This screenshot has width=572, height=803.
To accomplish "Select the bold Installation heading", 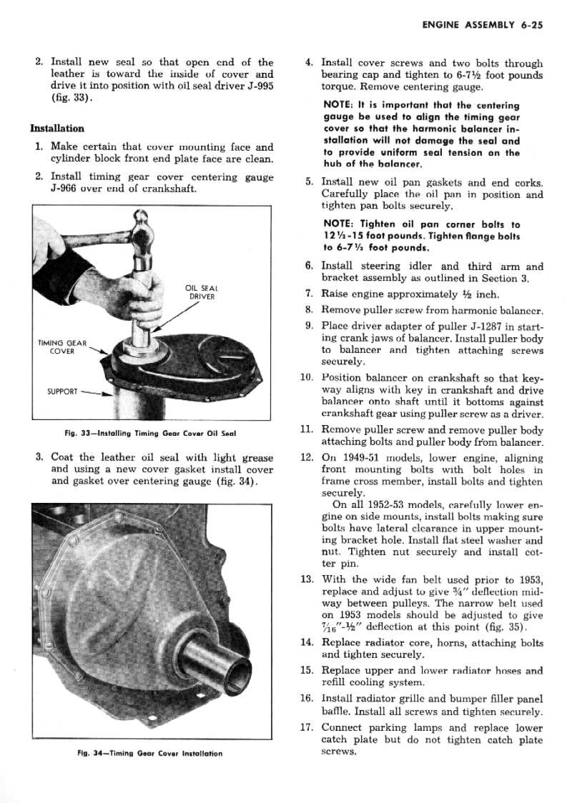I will coord(57,129).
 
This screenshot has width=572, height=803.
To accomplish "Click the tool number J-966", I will coord(68,189).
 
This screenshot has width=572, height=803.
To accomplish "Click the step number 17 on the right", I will coord(308,728).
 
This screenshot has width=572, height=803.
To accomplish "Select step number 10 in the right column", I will coord(308,377).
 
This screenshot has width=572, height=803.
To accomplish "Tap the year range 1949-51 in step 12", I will coord(370,459).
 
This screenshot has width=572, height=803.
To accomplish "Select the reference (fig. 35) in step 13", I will coord(511,628).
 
